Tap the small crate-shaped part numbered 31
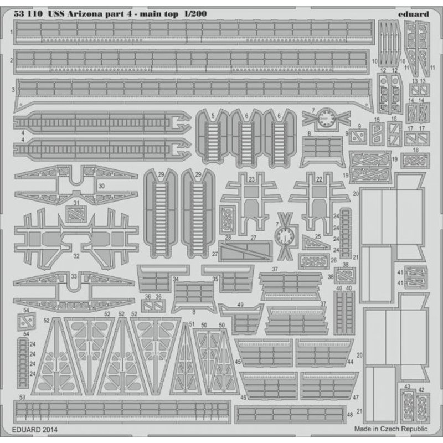(x=76, y=212)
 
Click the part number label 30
(x=100, y=187)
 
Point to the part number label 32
(x=76, y=255)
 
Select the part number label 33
(x=74, y=275)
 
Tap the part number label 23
(x=252, y=179)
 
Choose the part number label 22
(x=318, y=179)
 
